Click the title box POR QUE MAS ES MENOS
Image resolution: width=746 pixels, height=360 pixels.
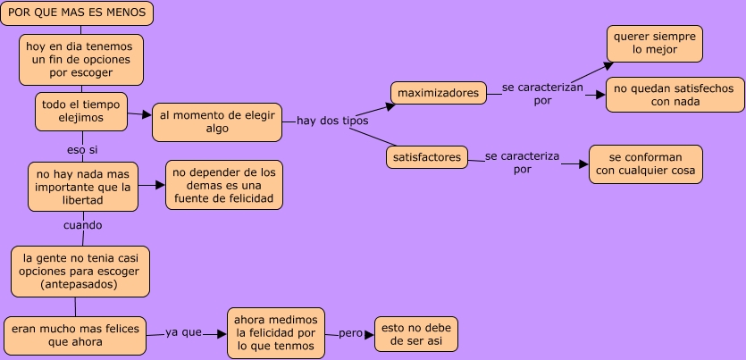(78, 13)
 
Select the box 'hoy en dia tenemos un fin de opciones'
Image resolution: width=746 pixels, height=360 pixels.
(81, 59)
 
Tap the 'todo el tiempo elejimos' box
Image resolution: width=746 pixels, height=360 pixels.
(81, 110)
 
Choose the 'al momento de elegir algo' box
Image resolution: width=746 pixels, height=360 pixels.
(217, 121)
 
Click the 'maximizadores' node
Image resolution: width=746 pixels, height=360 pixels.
(438, 92)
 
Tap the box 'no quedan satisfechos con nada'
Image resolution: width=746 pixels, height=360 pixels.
(675, 95)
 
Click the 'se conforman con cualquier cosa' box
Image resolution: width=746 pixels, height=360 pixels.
(645, 164)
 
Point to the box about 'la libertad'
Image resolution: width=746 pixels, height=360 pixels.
(83, 186)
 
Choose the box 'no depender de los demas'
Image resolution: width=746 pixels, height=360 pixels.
(224, 185)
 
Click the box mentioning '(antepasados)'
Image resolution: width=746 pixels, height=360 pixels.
(80, 272)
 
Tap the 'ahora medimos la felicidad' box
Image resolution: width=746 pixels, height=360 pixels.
(276, 333)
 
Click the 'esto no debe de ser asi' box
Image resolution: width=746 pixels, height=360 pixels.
(416, 334)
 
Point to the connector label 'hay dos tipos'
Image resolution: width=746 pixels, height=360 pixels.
(332, 121)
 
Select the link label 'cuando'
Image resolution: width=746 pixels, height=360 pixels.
(82, 225)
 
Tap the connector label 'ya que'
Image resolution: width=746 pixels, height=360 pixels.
(184, 332)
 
